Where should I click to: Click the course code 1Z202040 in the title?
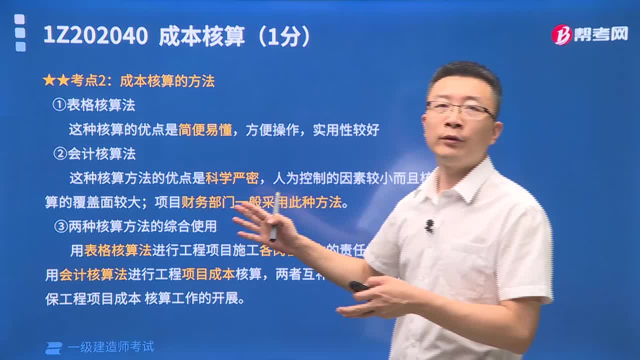[x=95, y=36]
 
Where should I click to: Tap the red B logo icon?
[x=561, y=35]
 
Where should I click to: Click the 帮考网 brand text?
[x=600, y=34]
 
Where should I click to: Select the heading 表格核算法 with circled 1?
[x=94, y=105]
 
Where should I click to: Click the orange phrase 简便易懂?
[x=205, y=130]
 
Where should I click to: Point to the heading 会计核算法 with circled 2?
[x=95, y=153]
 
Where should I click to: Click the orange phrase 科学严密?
[x=232, y=177]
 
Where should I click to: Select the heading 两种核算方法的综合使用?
[x=136, y=226]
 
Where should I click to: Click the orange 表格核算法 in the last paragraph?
[x=117, y=250]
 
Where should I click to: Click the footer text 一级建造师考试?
[x=110, y=346]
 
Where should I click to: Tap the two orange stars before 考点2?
[x=56, y=81]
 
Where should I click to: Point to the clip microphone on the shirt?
[x=429, y=226]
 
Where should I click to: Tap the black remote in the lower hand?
[x=358, y=286]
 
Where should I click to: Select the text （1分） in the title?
[x=285, y=36]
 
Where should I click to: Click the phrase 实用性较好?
[x=346, y=130]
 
